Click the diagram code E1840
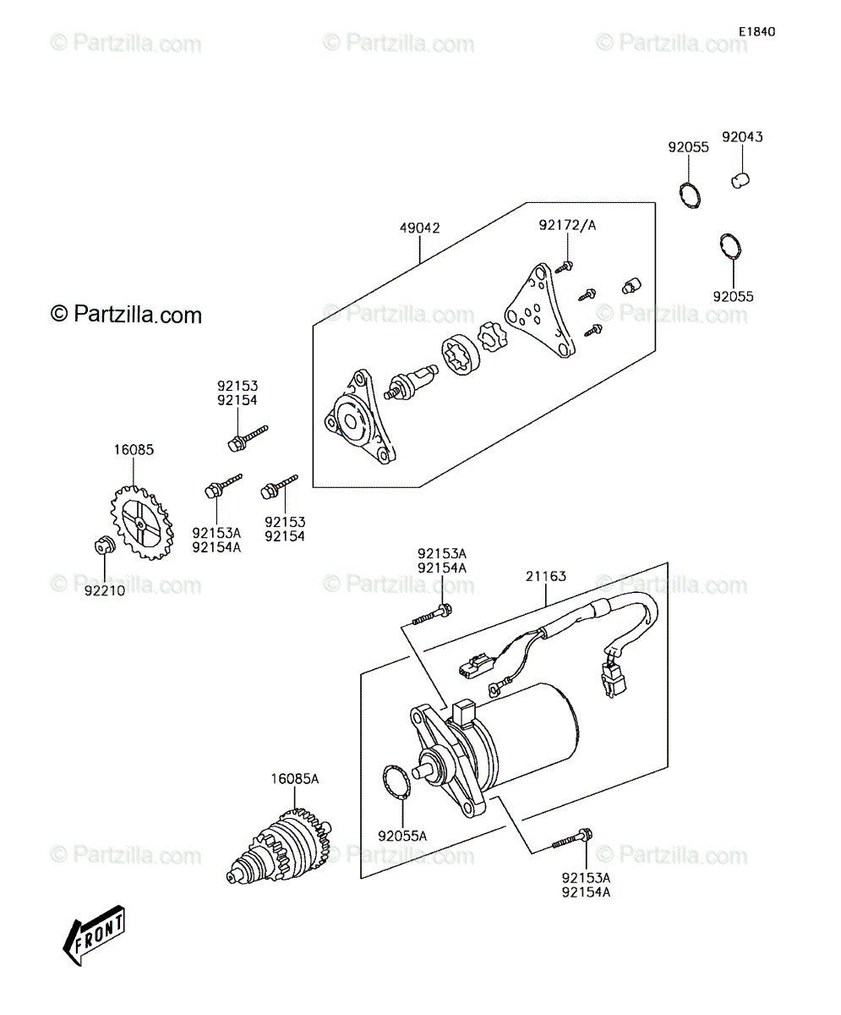(x=757, y=31)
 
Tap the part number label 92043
(x=742, y=137)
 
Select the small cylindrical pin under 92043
(x=740, y=180)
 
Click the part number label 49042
(x=420, y=228)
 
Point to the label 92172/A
(x=567, y=225)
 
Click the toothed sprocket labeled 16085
(x=142, y=523)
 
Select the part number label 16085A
(x=294, y=779)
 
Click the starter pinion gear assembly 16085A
(x=279, y=845)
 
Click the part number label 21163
(x=546, y=576)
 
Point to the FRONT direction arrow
(x=94, y=935)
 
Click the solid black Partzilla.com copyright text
(x=126, y=315)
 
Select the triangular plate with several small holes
(x=540, y=311)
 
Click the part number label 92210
(x=105, y=591)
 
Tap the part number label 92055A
(x=402, y=836)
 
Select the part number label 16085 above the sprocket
(x=134, y=450)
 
